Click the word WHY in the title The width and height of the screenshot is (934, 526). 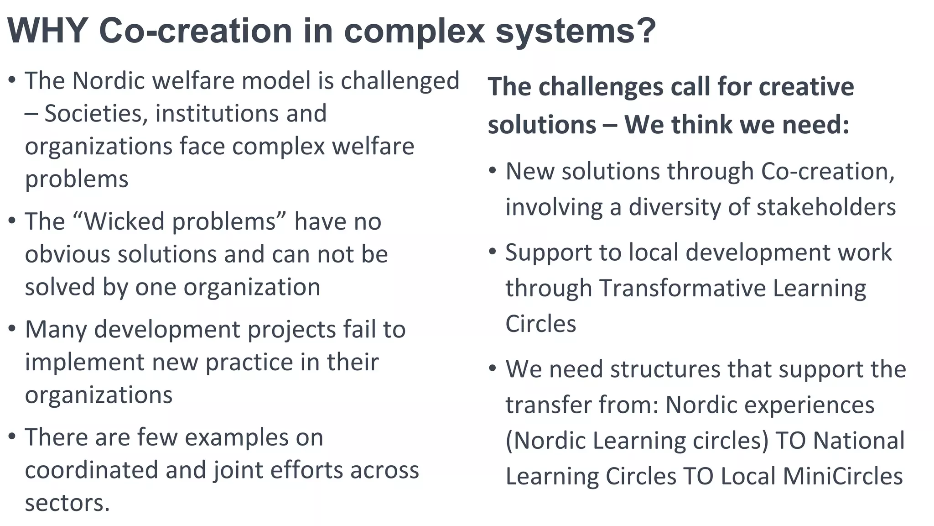pos(48,31)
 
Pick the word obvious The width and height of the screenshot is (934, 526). pos(67,254)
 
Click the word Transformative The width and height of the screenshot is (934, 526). pos(682,288)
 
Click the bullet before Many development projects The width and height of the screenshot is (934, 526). pos(12,329)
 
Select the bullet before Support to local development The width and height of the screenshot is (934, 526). pos(492,252)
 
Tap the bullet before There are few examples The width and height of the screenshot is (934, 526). pos(12,437)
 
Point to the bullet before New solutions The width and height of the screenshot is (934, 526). pos(492,171)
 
